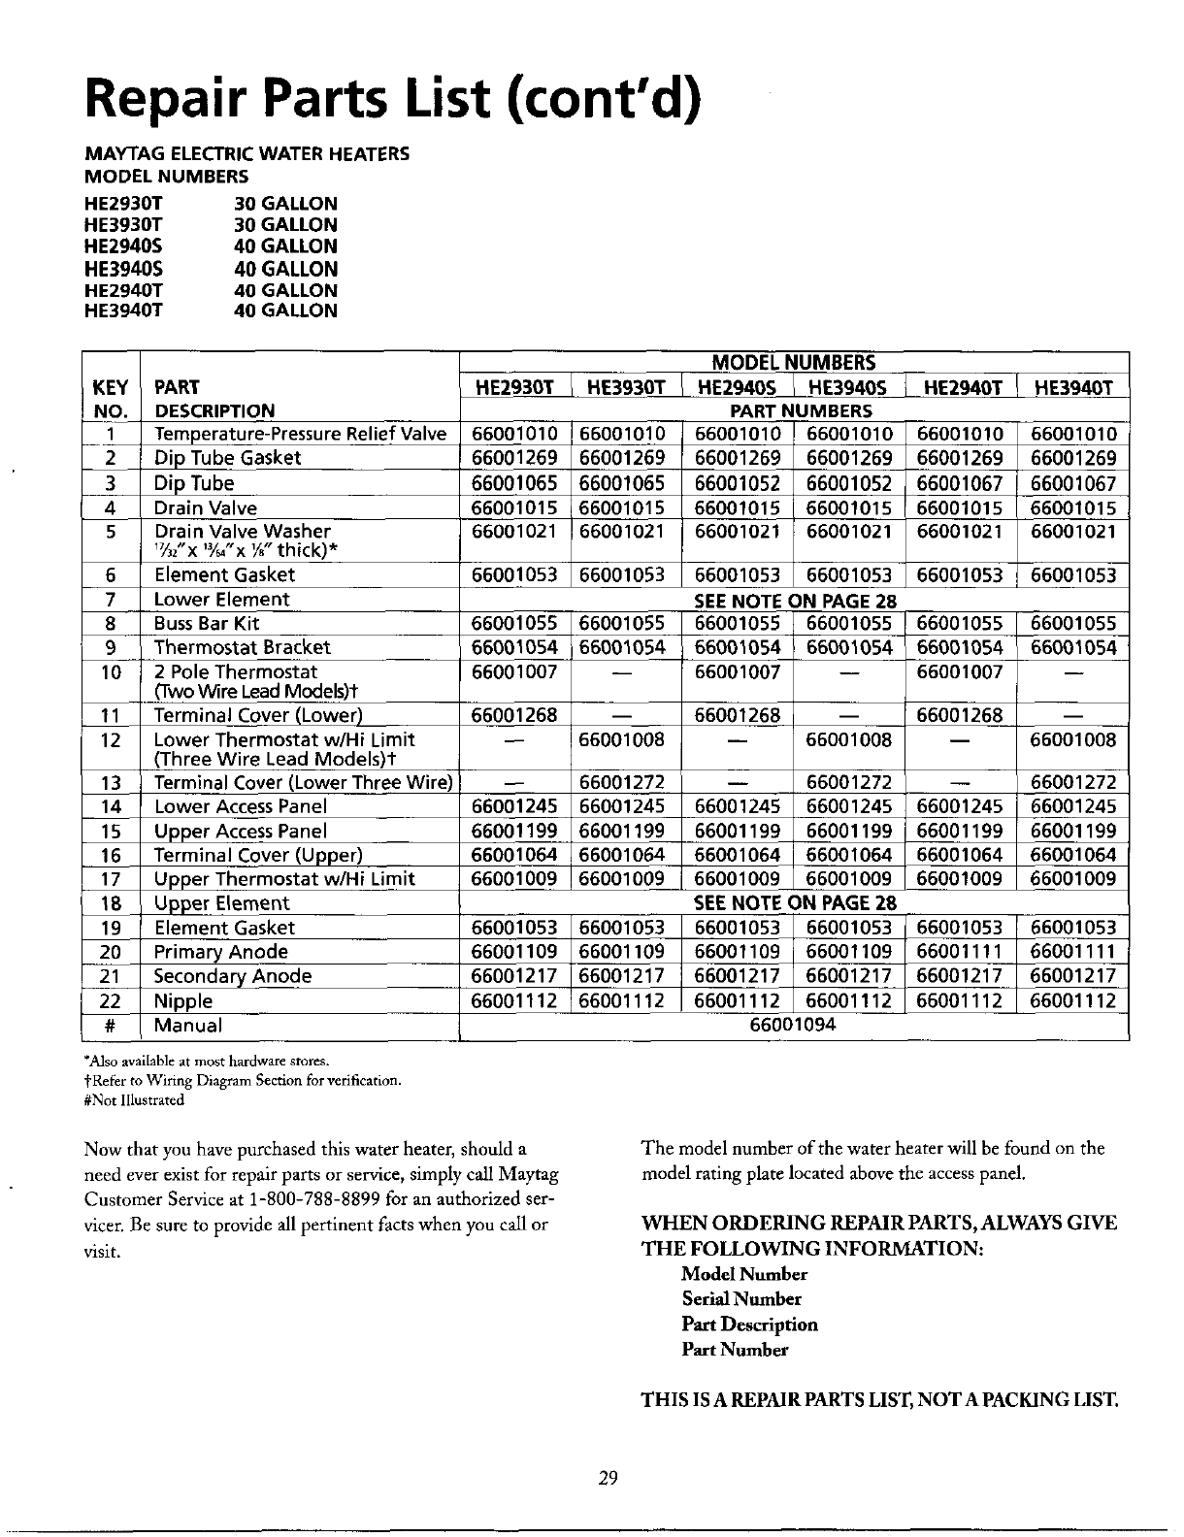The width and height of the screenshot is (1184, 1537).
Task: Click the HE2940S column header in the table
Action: (737, 388)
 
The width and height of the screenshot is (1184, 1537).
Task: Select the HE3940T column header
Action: (1073, 388)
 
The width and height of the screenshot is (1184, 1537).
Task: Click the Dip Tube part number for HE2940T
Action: (959, 483)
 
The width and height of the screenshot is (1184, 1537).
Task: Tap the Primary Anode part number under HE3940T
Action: (1073, 952)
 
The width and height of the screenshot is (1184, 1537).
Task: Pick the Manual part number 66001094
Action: (793, 1025)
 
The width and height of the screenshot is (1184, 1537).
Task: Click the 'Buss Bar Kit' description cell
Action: (207, 624)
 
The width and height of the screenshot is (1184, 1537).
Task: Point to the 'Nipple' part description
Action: (183, 1000)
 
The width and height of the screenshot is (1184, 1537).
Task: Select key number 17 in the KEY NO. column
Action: (110, 879)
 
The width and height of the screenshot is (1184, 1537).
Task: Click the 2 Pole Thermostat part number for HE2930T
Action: (513, 671)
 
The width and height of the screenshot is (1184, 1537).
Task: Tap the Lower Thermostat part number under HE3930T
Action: (622, 740)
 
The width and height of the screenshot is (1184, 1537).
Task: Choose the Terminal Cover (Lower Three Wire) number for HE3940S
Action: (849, 783)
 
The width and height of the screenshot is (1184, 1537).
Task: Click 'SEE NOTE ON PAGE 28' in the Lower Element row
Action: (795, 601)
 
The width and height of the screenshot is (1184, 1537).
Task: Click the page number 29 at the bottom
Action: (608, 1478)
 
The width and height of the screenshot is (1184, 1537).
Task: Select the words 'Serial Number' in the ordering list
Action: (741, 1299)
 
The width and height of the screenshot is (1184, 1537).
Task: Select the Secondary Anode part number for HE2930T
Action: (513, 976)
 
